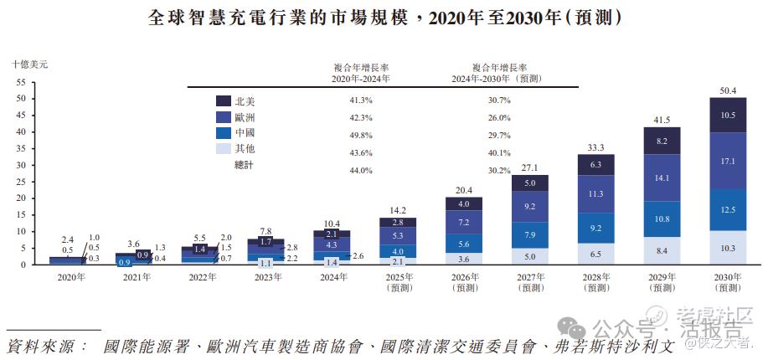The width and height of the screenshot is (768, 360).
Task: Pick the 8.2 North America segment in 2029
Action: [662, 141]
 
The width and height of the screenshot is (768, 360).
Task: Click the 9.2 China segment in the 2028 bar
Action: [596, 228]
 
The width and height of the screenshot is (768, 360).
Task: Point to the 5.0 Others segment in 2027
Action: [530, 257]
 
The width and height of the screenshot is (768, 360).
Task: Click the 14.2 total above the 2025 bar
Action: [398, 210]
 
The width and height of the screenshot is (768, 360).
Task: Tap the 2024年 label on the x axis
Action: [332, 277]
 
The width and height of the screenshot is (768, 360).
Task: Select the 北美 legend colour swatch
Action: [224, 100]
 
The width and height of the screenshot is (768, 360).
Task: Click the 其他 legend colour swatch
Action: [224, 148]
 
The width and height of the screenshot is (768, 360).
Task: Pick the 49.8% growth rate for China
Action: [361, 132]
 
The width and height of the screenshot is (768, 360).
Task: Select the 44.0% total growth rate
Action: [361, 171]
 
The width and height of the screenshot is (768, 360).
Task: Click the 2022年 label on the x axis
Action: [200, 277]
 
